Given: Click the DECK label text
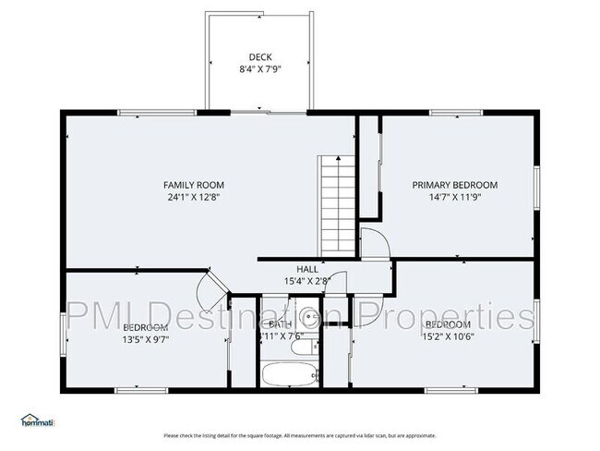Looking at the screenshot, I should [260, 56].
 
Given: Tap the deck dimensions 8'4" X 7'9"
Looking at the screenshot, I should [260, 68].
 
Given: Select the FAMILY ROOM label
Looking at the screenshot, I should [194, 185].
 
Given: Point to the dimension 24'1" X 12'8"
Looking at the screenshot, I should [194, 197].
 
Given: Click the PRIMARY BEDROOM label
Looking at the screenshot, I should [454, 185].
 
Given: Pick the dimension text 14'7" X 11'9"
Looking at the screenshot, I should [454, 197].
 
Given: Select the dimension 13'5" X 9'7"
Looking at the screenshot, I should [145, 339].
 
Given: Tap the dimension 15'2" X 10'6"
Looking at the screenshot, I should [449, 337].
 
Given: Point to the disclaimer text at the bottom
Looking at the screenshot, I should [300, 434].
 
